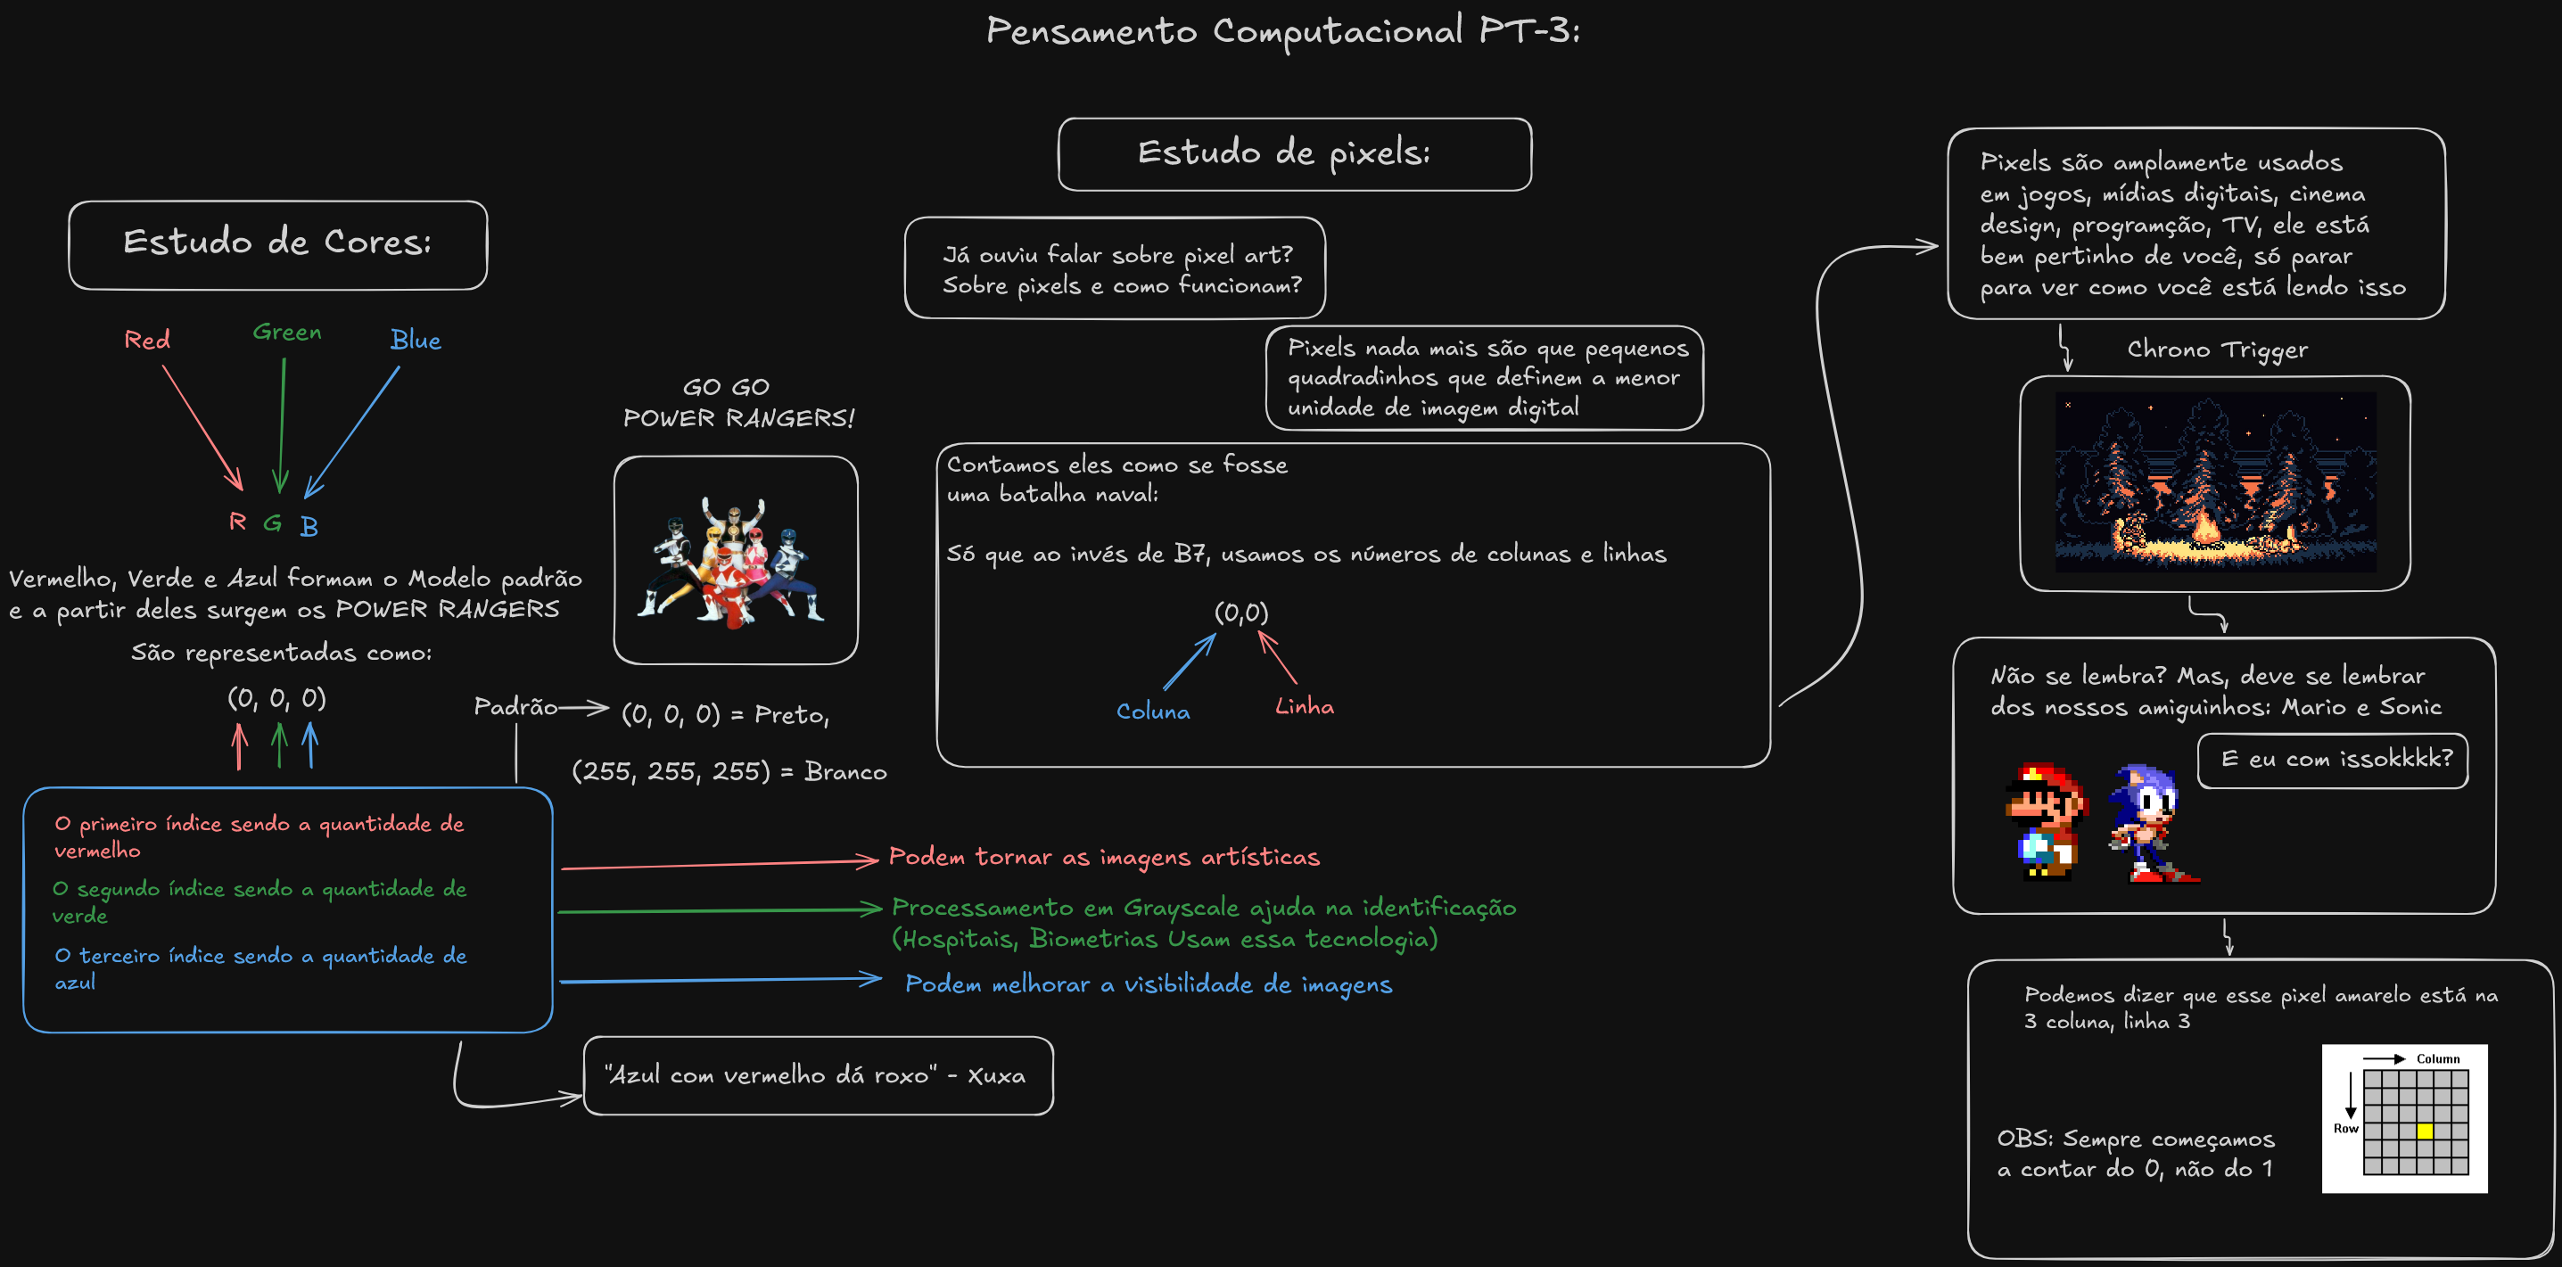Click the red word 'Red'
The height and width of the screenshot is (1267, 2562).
pyautogui.click(x=147, y=340)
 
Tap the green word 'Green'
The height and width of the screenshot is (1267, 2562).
pyautogui.click(x=286, y=333)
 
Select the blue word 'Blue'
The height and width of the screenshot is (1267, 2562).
pyautogui.click(x=415, y=340)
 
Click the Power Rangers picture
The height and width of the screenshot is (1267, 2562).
pyautogui.click(x=735, y=561)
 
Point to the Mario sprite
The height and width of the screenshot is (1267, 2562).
pyautogui.click(x=2045, y=821)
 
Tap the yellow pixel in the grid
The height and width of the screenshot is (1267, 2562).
pyautogui.click(x=2424, y=1131)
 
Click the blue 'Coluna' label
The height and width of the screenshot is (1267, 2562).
pyautogui.click(x=1153, y=712)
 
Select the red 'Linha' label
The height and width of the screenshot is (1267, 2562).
pyautogui.click(x=1304, y=707)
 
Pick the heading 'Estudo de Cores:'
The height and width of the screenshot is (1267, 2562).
pyautogui.click(x=277, y=243)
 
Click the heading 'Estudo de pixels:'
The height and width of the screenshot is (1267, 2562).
pyautogui.click(x=1284, y=153)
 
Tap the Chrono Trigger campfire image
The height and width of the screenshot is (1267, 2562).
pyautogui.click(x=2215, y=482)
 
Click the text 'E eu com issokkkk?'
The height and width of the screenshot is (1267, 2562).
pyautogui.click(x=2336, y=759)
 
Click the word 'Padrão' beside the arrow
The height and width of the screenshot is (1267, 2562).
pyautogui.click(x=515, y=707)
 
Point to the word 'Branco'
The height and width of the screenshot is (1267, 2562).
pyautogui.click(x=845, y=772)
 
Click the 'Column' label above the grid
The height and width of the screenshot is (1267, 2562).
pyautogui.click(x=2438, y=1059)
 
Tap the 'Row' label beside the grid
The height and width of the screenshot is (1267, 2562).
pyautogui.click(x=2345, y=1129)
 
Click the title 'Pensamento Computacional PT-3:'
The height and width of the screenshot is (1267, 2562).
pyautogui.click(x=1282, y=32)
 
